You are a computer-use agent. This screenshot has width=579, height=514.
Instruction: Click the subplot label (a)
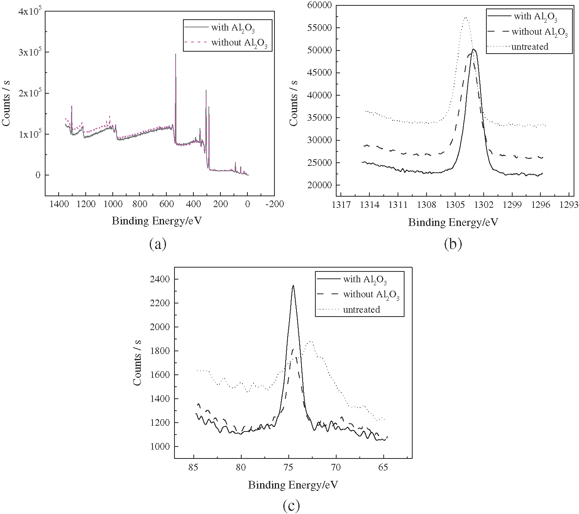point(157,244)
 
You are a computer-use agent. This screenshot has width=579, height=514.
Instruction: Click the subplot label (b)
point(453,244)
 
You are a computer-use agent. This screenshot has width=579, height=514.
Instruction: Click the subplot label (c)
point(291,506)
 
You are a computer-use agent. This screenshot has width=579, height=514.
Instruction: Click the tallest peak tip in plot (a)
point(176,54)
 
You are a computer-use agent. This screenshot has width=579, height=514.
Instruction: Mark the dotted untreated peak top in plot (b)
point(466,17)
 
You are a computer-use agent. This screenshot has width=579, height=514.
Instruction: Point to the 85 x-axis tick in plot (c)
point(194,468)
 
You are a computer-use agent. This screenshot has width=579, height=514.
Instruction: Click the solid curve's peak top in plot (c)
point(293,286)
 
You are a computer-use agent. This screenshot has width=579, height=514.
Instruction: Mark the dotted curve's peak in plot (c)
point(310,341)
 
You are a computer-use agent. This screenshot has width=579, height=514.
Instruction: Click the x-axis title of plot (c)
point(293,485)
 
